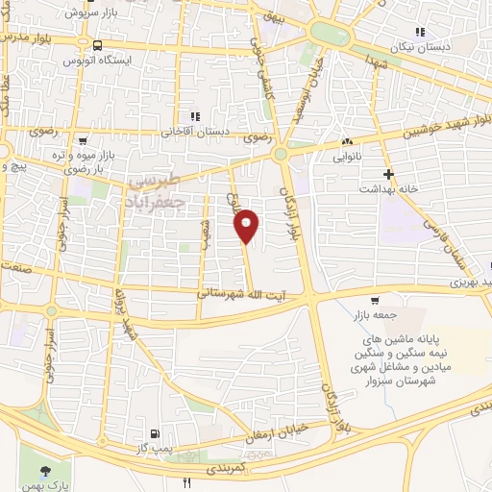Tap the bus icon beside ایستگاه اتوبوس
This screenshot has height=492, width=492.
click(97, 45)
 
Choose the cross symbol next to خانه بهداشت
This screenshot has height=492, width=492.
click(387, 174)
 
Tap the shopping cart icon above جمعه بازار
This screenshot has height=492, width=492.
click(387, 300)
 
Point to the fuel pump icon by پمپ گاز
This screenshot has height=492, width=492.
click(156, 434)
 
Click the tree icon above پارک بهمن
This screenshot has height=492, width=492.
click(45, 470)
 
